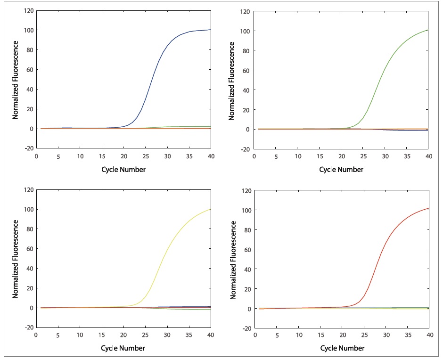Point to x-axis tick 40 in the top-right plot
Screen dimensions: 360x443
tap(428, 156)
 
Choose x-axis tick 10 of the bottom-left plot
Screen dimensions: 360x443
tap(80, 335)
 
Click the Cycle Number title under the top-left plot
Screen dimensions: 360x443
tap(123, 169)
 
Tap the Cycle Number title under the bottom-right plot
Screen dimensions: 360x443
tap(342, 348)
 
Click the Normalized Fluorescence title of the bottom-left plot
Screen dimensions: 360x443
tap(15, 259)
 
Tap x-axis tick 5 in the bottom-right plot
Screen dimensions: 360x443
tap(277, 335)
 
